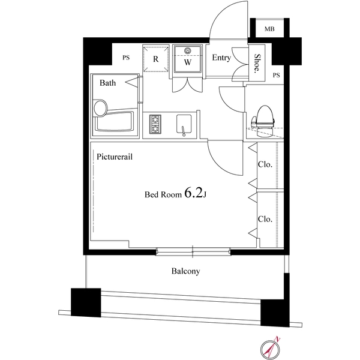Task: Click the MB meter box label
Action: tap(269, 29)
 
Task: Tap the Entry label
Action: tap(221, 58)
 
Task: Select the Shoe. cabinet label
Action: tap(257, 64)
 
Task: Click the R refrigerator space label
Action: tap(155, 59)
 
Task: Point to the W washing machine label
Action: tap(188, 62)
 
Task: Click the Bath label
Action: tap(107, 83)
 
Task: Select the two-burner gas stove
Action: tap(155, 124)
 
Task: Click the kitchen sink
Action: tap(184, 125)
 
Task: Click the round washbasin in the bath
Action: tap(100, 107)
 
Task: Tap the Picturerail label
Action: tap(115, 157)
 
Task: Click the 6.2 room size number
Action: tap(194, 193)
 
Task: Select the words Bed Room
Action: tap(163, 194)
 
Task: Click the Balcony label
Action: tap(186, 271)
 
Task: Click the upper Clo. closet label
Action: tap(265, 164)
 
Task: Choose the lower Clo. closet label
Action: tap(265, 219)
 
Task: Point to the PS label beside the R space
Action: tap(126, 58)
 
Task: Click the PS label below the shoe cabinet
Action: tap(277, 75)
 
